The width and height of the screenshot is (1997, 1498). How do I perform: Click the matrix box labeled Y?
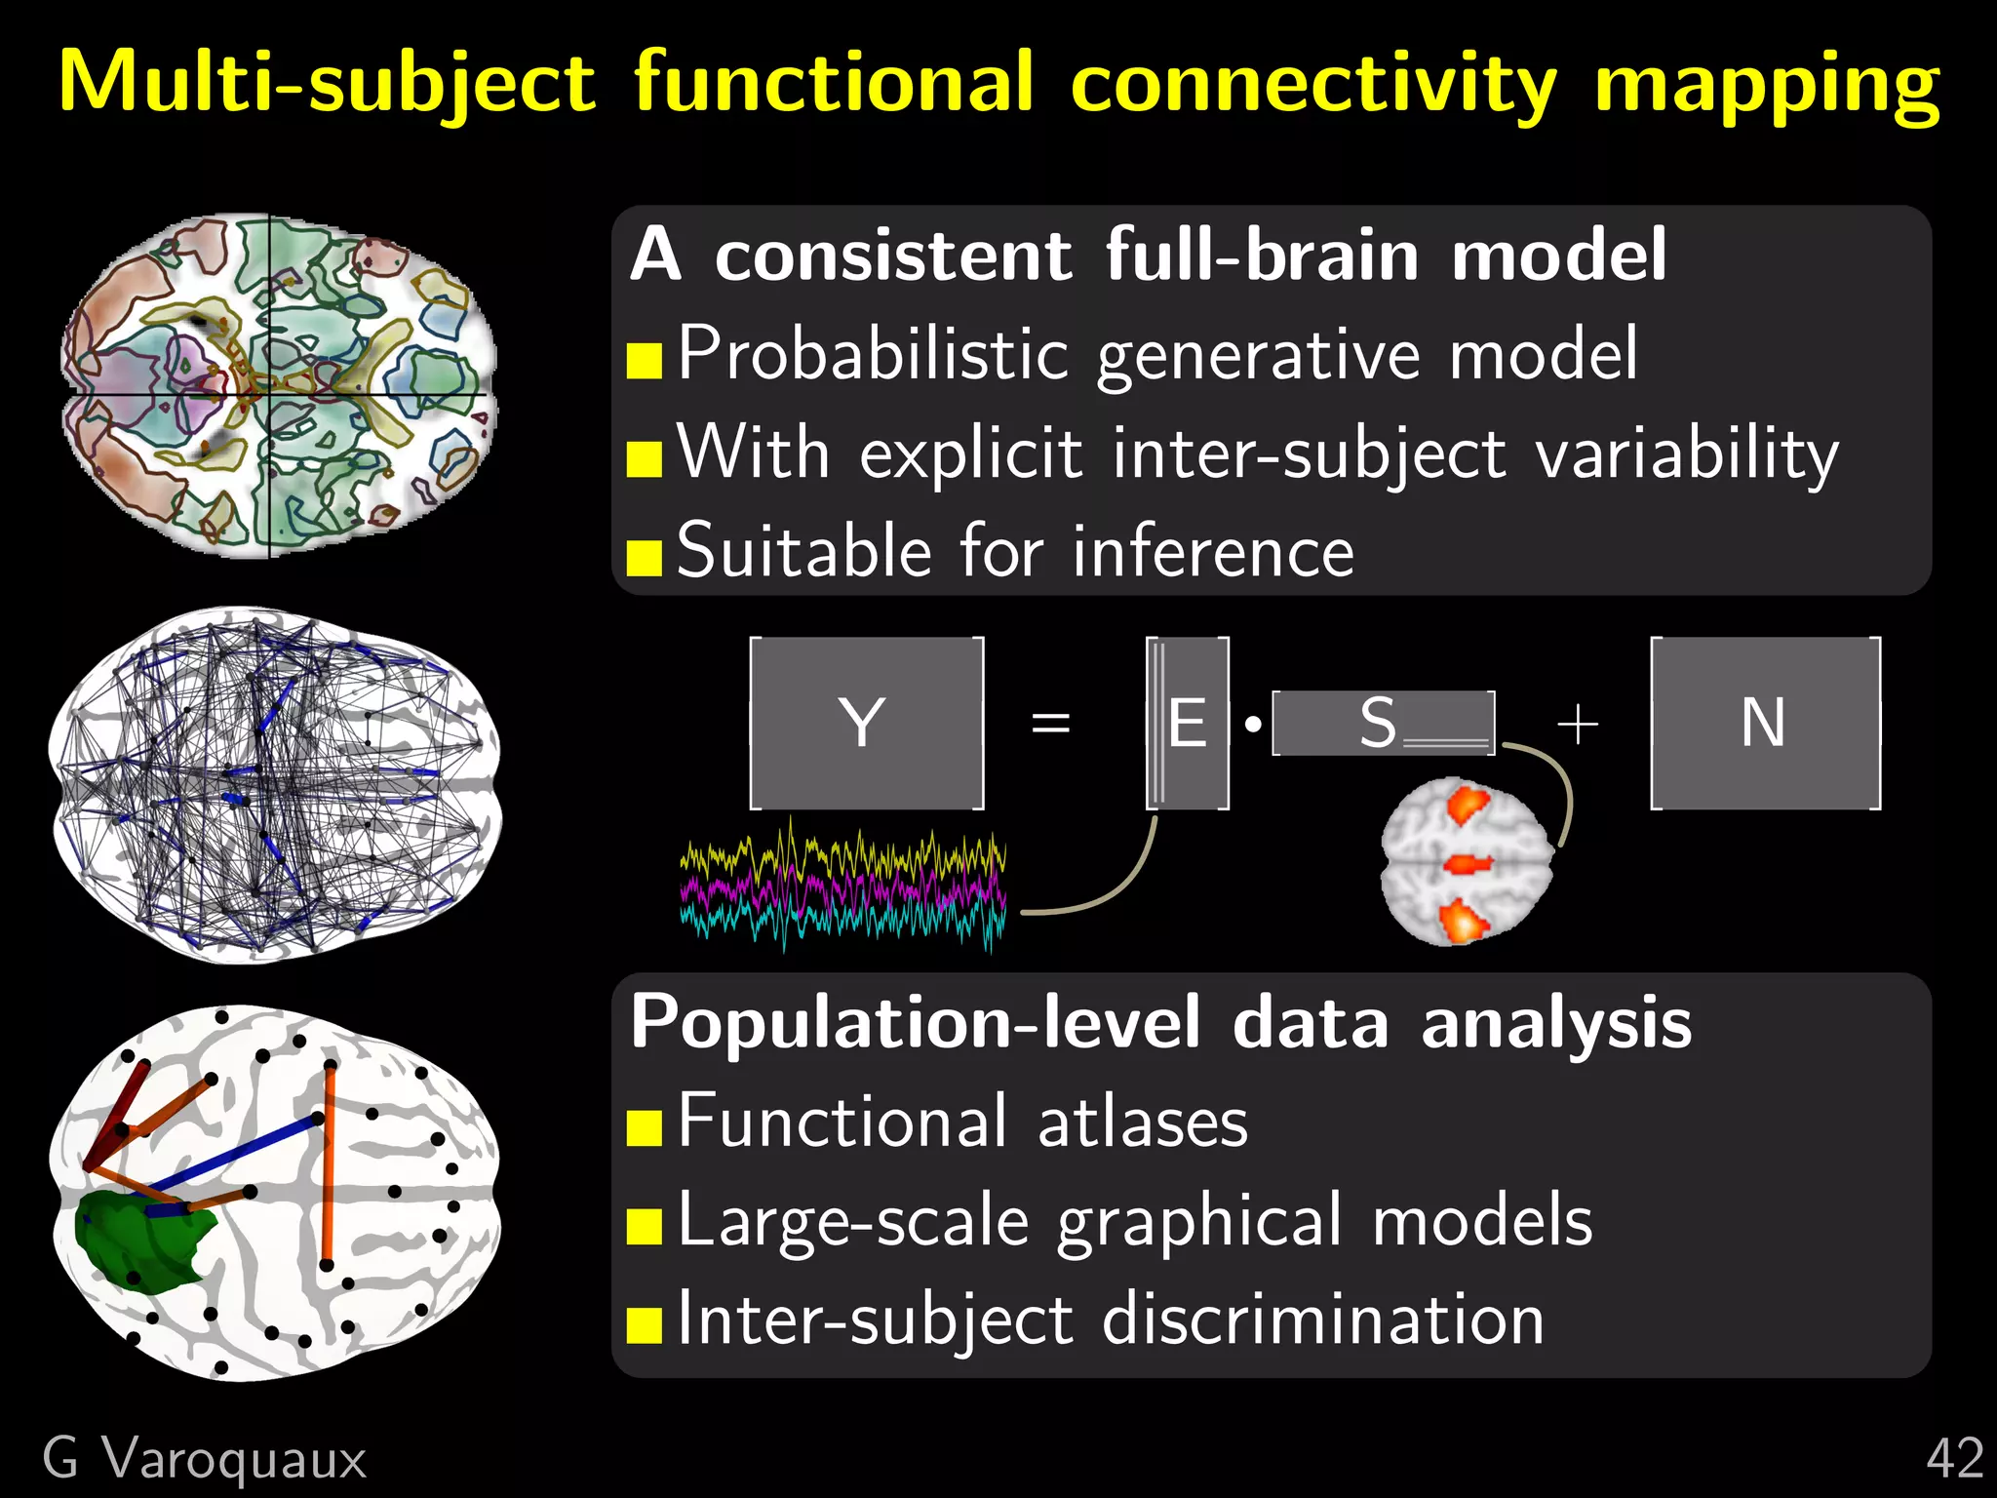tap(866, 723)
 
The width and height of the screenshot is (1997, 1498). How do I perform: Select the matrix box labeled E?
tap(1188, 723)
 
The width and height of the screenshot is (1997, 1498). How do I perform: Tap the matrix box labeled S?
tap(1383, 723)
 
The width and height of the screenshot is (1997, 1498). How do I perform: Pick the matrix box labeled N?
tap(1765, 723)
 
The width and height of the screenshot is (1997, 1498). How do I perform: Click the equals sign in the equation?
tap(1050, 724)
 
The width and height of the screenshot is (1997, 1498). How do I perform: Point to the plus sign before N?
tap(1578, 726)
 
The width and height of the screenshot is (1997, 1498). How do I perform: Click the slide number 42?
tap(1954, 1460)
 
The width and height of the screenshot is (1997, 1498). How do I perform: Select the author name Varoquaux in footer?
tap(234, 1460)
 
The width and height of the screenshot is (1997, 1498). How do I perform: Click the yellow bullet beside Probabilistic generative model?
tap(645, 360)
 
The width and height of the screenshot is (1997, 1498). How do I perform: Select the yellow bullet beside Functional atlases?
tap(645, 1127)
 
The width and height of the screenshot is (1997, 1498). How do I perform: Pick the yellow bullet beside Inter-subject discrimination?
tap(645, 1325)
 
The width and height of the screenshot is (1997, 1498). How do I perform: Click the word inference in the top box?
tap(1213, 552)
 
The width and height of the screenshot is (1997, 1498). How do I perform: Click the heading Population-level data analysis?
tap(1160, 1022)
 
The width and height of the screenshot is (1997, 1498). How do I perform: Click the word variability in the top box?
tap(1687, 455)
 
